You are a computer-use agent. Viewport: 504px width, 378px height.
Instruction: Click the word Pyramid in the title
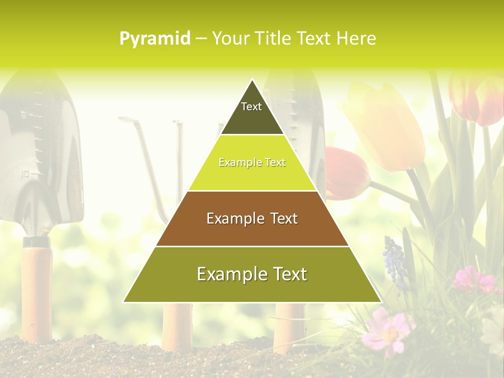(154, 39)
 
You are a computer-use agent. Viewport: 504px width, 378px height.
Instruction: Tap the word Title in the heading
(272, 38)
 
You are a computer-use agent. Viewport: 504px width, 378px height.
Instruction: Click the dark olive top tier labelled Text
(251, 113)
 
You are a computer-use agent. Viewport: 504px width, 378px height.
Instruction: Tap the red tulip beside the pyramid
(346, 173)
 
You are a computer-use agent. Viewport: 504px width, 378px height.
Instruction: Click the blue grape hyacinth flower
(395, 262)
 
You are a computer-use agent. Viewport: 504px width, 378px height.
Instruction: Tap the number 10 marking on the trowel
(25, 173)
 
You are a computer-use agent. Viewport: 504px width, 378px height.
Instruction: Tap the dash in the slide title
(201, 39)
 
